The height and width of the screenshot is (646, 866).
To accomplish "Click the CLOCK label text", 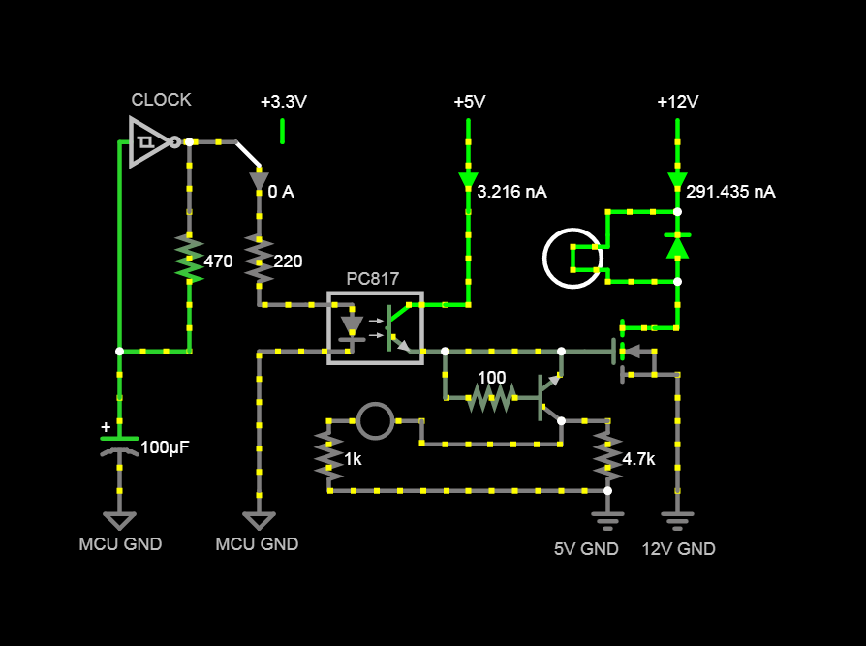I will [x=161, y=100].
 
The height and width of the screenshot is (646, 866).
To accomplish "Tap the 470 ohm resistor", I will [x=189, y=259].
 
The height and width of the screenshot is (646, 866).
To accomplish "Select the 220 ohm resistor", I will [x=259, y=259].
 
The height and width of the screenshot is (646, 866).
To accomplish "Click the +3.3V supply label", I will [x=283, y=102].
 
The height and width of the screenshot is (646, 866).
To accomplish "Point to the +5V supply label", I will [x=469, y=102].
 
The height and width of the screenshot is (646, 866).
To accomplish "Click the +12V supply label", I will [x=677, y=102].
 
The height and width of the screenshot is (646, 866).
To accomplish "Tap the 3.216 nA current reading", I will [x=511, y=192].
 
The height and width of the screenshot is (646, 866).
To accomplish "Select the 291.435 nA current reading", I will [x=730, y=192].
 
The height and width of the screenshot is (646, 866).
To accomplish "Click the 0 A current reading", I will [x=281, y=192].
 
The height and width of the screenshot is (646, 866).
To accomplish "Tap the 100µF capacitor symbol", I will [x=119, y=446].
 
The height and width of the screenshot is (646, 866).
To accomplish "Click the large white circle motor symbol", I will [x=572, y=259].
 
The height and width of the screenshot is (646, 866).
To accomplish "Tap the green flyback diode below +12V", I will [x=677, y=247].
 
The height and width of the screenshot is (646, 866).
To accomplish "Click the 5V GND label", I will [x=586, y=549].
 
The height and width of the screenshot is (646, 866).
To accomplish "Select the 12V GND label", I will [x=678, y=549].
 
